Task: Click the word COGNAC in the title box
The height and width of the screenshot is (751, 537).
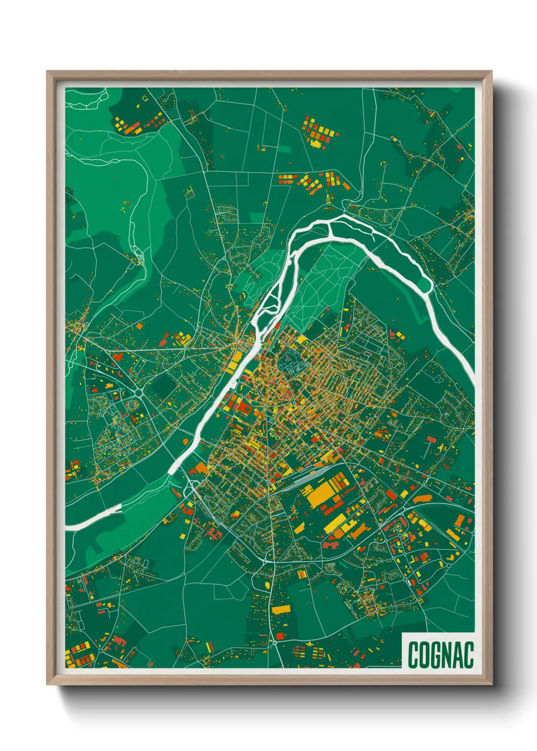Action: [440, 655]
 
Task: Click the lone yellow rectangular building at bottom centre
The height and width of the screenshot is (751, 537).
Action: [281, 609]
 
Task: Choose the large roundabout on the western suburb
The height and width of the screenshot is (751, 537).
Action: [139, 392]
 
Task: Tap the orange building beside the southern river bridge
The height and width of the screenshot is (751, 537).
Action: [200, 468]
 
